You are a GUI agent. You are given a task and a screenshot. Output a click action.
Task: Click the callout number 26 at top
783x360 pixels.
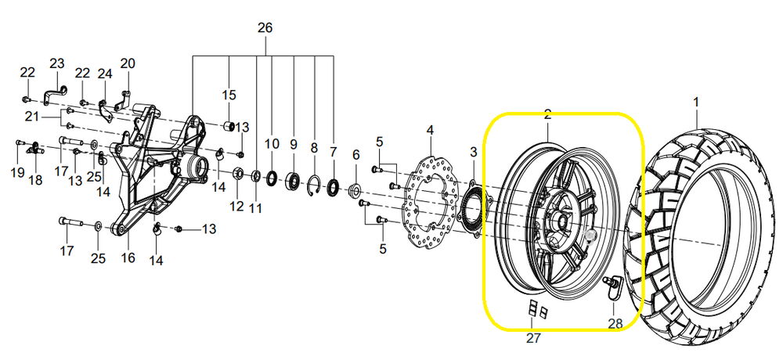tap(265, 28)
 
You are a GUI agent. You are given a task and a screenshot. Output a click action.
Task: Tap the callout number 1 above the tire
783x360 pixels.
tap(695, 103)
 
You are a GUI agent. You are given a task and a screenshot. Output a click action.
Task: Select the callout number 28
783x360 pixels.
tap(615, 323)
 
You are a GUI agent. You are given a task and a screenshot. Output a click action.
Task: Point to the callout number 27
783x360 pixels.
tap(533, 338)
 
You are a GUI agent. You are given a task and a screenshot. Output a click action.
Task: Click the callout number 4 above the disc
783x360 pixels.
tap(431, 131)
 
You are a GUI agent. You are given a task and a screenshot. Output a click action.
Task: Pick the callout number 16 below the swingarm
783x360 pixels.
tap(128, 257)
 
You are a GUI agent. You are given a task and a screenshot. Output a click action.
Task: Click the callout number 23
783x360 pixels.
tap(57, 63)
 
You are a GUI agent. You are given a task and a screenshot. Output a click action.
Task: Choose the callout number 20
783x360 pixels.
tap(128, 63)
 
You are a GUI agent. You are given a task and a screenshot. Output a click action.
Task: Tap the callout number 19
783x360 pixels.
tap(17, 172)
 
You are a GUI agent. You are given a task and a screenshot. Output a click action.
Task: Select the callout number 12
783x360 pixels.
tap(236, 206)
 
